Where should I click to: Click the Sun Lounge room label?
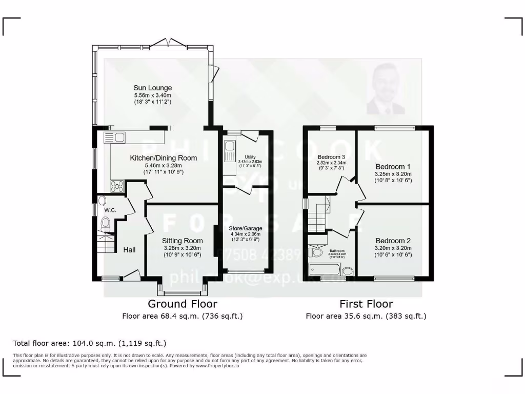point(152,88)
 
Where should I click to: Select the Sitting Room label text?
point(182,241)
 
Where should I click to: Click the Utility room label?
point(250,157)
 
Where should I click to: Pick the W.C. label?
point(110,210)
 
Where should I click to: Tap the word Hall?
point(129,250)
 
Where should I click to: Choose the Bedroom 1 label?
point(393,167)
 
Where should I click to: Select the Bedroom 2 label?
point(393,241)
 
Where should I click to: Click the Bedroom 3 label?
point(331,157)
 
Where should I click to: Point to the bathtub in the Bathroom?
point(325,270)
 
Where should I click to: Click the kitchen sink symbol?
point(114,137)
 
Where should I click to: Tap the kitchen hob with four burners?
point(116,186)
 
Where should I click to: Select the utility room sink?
point(229,148)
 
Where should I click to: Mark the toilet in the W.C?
point(106,224)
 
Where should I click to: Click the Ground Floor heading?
point(182,304)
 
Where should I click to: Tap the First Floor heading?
point(366,304)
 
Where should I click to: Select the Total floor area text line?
point(90,343)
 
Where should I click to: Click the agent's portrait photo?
point(386,89)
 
